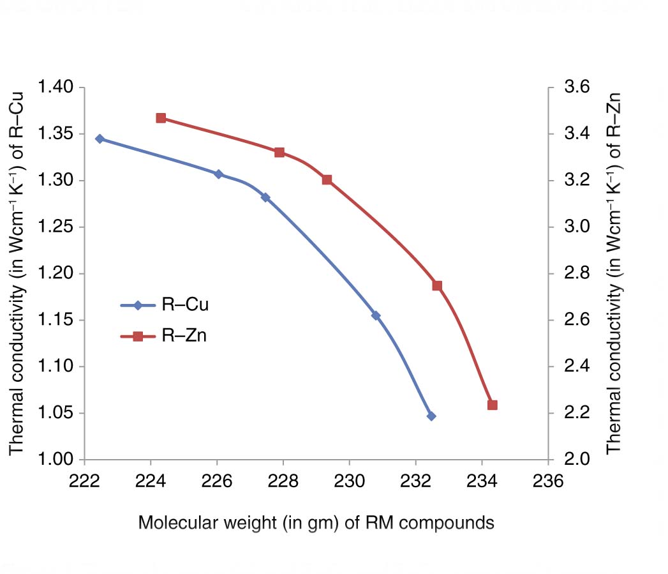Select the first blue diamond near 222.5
tap(100, 139)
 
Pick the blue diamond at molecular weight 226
tap(218, 174)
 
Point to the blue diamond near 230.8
tap(376, 315)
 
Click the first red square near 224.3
tap(161, 118)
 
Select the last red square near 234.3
tap(492, 405)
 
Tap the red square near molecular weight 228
tap(279, 153)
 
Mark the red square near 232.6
tap(437, 285)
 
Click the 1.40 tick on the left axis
tap(56, 87)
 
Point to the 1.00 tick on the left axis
tap(56, 460)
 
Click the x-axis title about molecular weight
tap(316, 523)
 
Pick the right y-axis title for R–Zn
tap(613, 273)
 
